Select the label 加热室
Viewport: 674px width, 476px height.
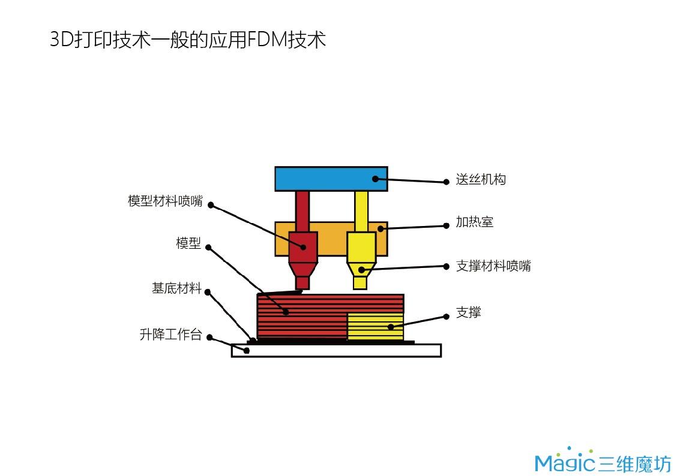coord(474,222)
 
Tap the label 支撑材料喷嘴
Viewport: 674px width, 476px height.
coord(493,266)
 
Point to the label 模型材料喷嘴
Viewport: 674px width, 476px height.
coord(165,201)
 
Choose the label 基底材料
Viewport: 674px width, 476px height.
coord(176,288)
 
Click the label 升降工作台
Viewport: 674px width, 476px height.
coord(170,335)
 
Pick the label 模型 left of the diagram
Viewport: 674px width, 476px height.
coord(188,243)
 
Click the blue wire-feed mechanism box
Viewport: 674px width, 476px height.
coord(330,179)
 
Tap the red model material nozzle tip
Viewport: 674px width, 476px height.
coord(302,282)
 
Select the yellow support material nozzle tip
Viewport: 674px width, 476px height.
coord(360,282)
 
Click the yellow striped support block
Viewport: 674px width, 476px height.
coord(375,327)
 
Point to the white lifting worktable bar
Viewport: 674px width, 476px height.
coord(336,351)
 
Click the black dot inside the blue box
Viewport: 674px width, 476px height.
coord(376,178)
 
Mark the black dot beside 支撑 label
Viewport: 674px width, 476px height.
coord(446,316)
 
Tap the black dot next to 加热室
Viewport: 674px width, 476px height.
coord(446,226)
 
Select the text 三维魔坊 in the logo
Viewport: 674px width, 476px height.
coord(634,463)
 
